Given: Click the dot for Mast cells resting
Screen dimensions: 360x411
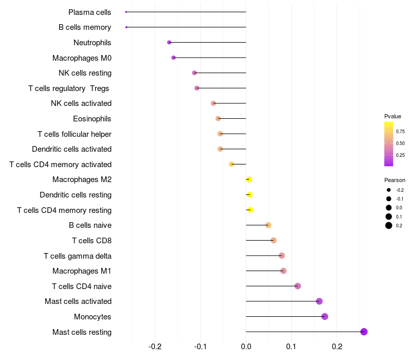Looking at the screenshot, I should point(364,332).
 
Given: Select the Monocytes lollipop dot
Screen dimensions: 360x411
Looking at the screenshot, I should point(325,316).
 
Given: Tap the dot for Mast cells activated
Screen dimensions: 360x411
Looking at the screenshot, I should point(319,301).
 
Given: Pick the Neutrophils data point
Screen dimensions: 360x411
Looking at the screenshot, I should point(169,42).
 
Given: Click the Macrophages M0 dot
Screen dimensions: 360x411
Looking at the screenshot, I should point(174,58).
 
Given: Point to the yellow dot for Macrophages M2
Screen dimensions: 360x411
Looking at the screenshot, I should point(249,179).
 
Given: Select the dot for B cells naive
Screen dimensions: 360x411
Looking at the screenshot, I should point(268,225).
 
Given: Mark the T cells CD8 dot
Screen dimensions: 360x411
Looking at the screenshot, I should point(273,240).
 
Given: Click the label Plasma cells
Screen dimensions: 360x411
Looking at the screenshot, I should point(90,12).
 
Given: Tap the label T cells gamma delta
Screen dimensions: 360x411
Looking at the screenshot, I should point(78,256).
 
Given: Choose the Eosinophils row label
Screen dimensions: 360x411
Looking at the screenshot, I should point(92,119).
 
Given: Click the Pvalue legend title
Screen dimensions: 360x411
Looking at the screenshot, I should point(393,116).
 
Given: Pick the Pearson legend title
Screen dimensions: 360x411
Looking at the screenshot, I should point(395,180).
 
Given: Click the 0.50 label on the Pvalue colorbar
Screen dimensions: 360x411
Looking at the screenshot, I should point(400,143).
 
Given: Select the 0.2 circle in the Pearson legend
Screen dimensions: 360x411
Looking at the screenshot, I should point(389,225).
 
